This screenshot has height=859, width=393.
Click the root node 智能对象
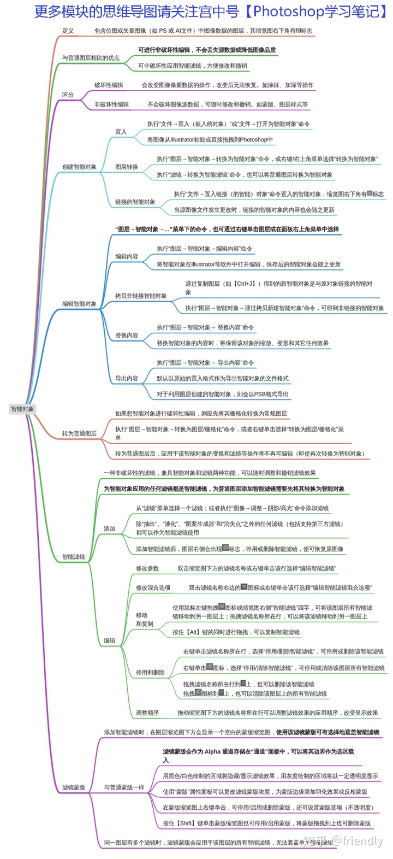tap(22, 409)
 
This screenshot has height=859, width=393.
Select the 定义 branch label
tap(68, 31)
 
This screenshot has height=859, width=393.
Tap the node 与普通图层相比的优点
tap(91, 58)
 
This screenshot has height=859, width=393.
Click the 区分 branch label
tap(68, 95)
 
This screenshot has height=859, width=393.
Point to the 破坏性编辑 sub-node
tap(109, 85)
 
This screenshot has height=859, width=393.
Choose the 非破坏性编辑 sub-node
tap(111, 104)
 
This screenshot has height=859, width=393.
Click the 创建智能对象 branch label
tap(79, 167)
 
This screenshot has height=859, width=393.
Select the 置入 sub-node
tap(121, 132)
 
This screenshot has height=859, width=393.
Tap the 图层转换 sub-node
tap(127, 167)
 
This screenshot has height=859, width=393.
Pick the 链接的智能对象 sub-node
tap(135, 202)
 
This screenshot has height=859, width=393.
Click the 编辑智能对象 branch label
tap(79, 304)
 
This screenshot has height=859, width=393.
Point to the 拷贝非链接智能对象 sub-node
tap(141, 296)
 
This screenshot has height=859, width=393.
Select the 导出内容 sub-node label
tap(127, 379)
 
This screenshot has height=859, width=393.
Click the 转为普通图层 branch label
tap(79, 434)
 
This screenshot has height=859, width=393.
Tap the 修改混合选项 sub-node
tap(153, 588)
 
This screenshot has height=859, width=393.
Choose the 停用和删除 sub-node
tap(150, 673)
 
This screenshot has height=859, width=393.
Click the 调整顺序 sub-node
tap(147, 713)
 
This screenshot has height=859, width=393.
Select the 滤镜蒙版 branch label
tap(74, 788)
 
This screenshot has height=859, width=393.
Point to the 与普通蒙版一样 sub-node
tap(124, 788)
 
